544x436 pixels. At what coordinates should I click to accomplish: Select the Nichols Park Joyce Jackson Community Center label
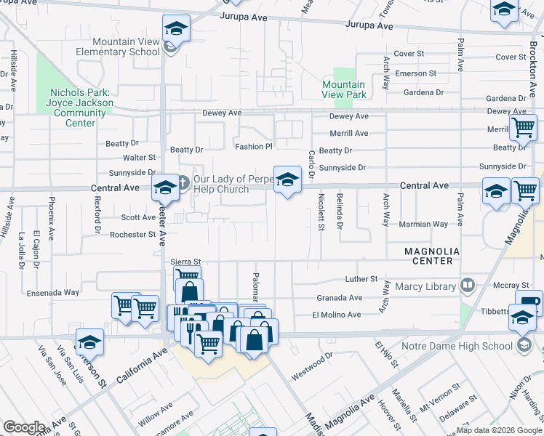[80, 108]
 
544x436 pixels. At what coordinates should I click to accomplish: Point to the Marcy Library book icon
[468, 286]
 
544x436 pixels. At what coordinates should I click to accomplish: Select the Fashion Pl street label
[253, 147]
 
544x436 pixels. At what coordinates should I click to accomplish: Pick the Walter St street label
[139, 157]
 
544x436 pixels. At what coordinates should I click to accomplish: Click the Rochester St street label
[132, 235]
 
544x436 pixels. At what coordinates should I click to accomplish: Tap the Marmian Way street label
[423, 225]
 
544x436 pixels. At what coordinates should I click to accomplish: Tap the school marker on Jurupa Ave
[176, 28]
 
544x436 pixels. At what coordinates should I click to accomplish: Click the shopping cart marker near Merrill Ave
[523, 128]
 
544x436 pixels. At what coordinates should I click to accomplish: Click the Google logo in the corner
[24, 427]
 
